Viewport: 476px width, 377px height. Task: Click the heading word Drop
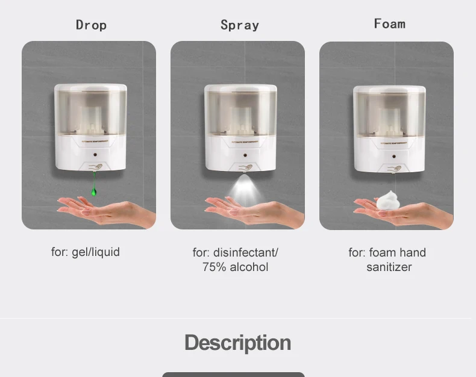tap(91, 25)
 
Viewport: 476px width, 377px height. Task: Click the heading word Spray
tap(239, 25)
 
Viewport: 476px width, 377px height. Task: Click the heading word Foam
tap(389, 23)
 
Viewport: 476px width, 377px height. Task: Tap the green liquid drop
tap(93, 191)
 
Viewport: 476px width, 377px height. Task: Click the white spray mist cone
tap(242, 188)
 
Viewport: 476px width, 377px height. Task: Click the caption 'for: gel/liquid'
tap(85, 252)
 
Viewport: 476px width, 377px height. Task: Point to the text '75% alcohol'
tap(235, 267)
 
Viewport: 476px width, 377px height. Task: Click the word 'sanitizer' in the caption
tap(389, 267)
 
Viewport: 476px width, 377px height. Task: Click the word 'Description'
tap(237, 343)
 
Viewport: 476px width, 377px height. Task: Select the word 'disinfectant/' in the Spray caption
tap(245, 252)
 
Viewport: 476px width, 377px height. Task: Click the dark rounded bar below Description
tap(233, 375)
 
